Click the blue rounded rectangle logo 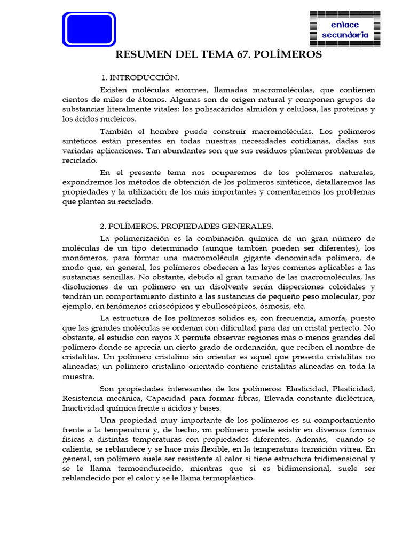pyautogui.click(x=89, y=29)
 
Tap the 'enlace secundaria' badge pyautogui.click(x=345, y=30)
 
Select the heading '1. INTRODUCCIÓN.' pyautogui.click(x=140, y=78)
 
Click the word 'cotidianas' pyautogui.click(x=303, y=141)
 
